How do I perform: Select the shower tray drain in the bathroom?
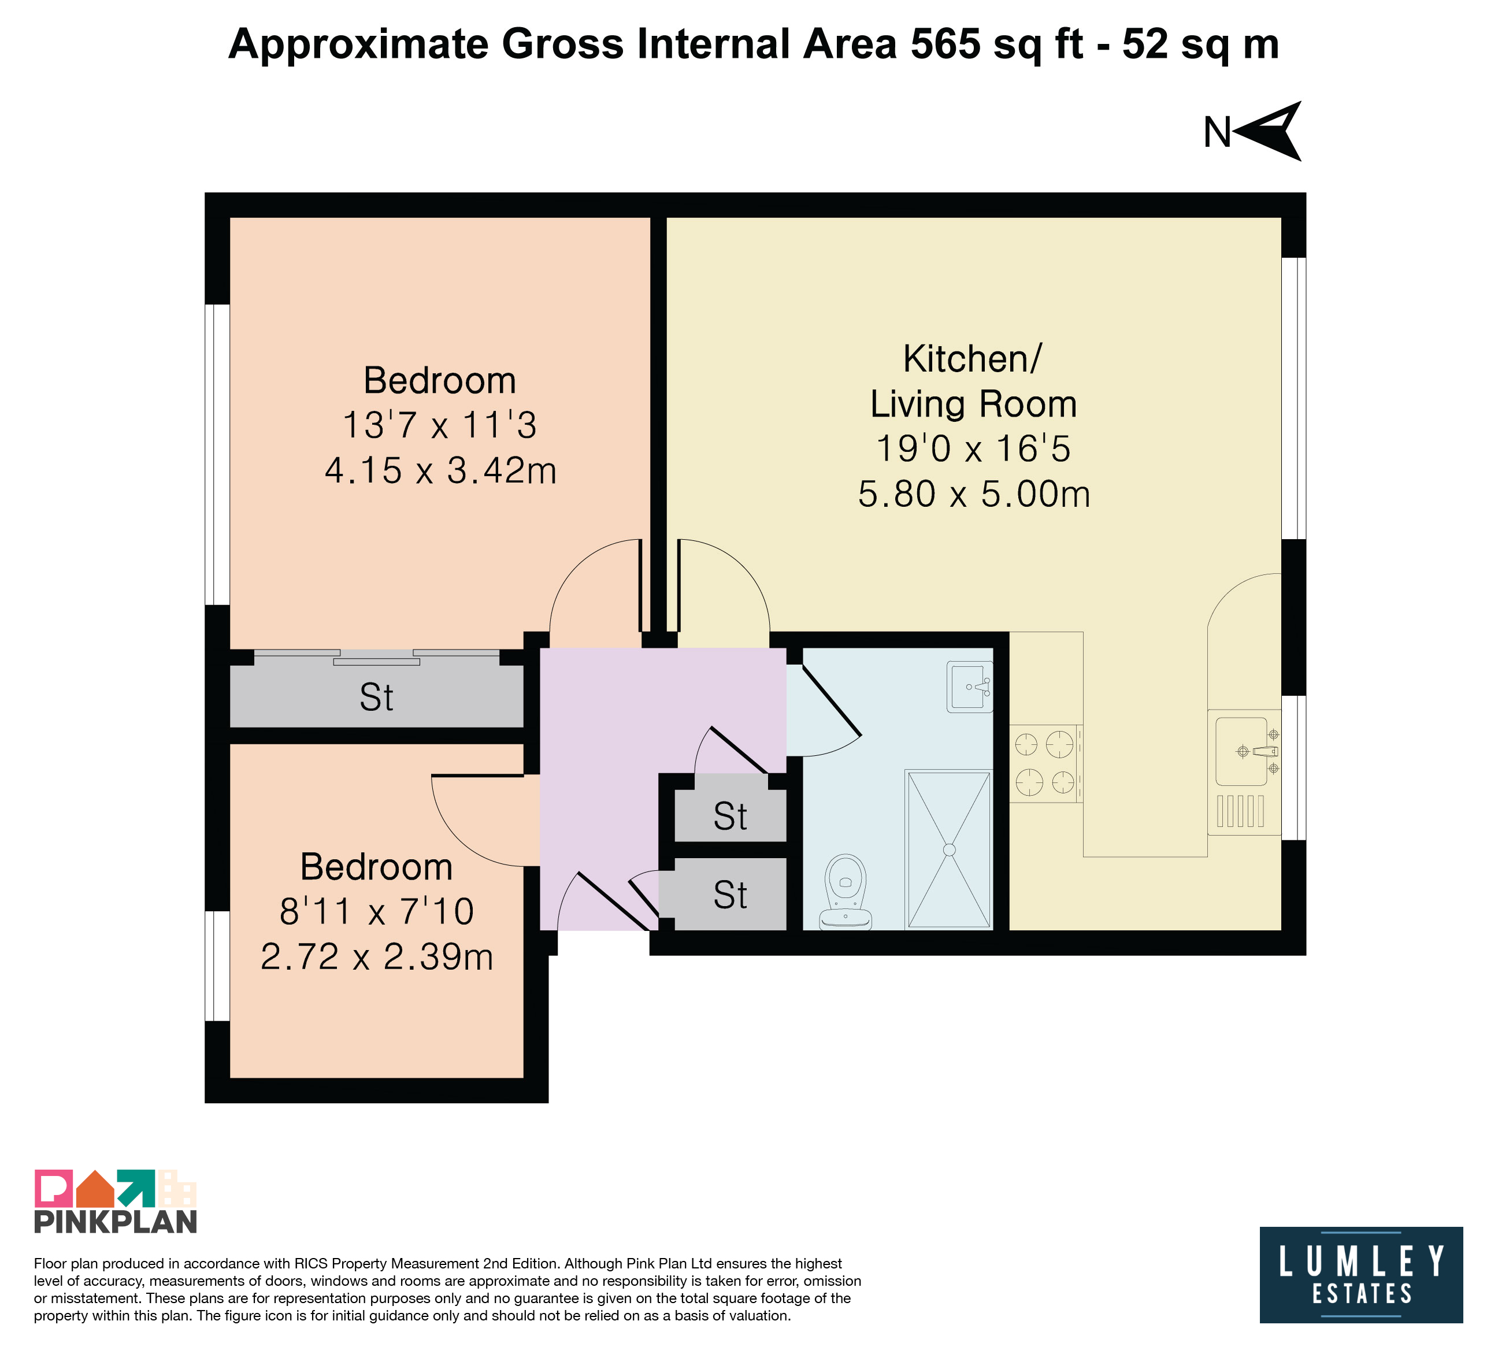949,849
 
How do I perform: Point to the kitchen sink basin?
1241,751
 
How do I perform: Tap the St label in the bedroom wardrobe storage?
376,697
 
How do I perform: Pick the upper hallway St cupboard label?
730,817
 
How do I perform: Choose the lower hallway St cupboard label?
730,895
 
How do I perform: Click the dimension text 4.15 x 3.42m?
440,471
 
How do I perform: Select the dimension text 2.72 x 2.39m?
377,957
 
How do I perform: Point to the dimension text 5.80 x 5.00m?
973,494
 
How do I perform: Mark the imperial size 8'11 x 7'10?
377,911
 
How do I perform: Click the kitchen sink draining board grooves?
1240,811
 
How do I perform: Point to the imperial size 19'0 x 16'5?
973,448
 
